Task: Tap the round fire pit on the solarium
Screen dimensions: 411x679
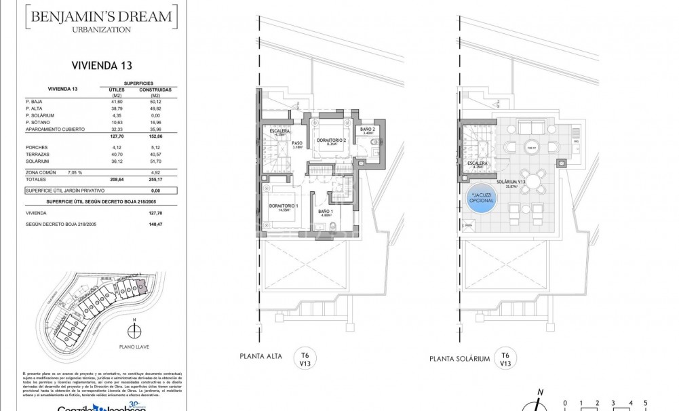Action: pos(531,147)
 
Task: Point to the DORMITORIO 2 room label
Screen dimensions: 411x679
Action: pos(331,141)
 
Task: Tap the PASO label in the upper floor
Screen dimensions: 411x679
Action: pos(297,144)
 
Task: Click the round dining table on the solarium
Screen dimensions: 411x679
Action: pos(535,181)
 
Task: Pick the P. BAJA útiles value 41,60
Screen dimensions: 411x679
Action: pos(107,100)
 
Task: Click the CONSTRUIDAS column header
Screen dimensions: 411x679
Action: pos(155,89)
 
